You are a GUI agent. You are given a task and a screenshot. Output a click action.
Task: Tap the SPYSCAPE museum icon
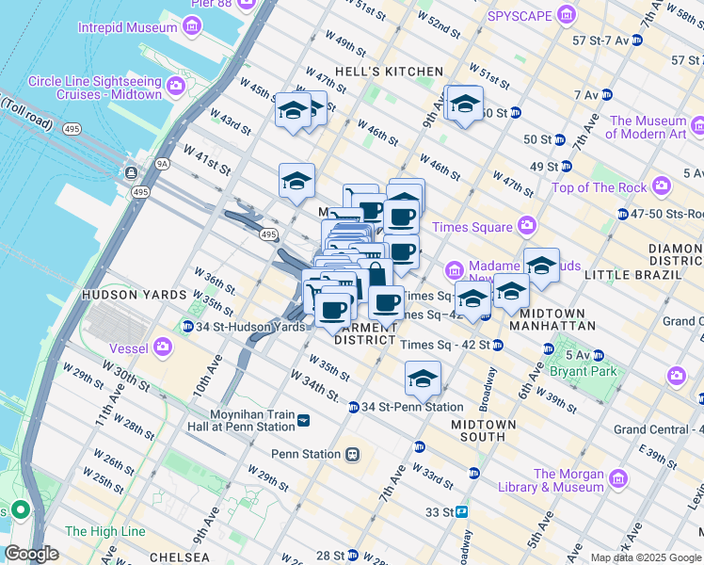(x=566, y=16)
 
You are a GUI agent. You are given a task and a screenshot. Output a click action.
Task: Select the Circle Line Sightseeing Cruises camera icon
(x=175, y=89)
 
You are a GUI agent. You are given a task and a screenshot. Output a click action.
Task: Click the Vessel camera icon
(x=164, y=348)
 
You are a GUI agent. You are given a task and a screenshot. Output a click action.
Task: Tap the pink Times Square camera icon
(x=526, y=226)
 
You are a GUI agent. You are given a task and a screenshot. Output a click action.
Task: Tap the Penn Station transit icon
(x=353, y=454)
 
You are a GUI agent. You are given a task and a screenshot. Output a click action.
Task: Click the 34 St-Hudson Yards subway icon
(x=188, y=327)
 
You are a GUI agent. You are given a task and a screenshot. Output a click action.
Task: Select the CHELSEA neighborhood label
(x=178, y=557)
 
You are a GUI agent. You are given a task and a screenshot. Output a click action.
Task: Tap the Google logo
(x=32, y=554)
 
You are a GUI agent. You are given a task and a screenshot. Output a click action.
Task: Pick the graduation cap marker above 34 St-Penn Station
(x=423, y=379)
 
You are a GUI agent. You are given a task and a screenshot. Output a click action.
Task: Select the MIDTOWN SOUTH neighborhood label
(x=484, y=431)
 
